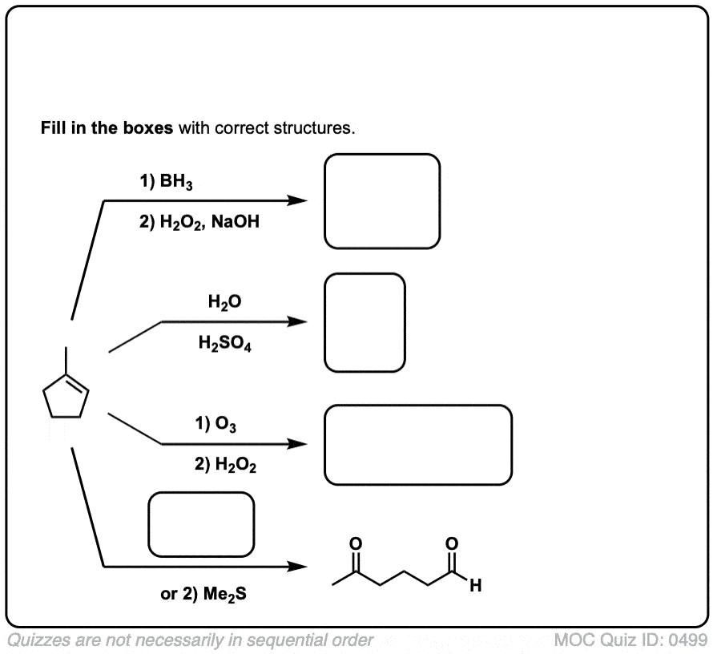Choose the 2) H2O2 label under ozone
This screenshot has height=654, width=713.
click(226, 466)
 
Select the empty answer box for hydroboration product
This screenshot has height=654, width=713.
click(382, 201)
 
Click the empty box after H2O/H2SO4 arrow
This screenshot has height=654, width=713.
click(365, 322)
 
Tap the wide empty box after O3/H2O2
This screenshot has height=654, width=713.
click(417, 445)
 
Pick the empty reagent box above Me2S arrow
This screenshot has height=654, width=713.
click(201, 525)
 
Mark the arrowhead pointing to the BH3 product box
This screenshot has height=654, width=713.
click(298, 200)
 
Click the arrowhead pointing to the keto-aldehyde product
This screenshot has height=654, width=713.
click(298, 567)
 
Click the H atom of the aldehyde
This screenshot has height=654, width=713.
click(475, 591)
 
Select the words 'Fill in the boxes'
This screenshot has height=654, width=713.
click(107, 128)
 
